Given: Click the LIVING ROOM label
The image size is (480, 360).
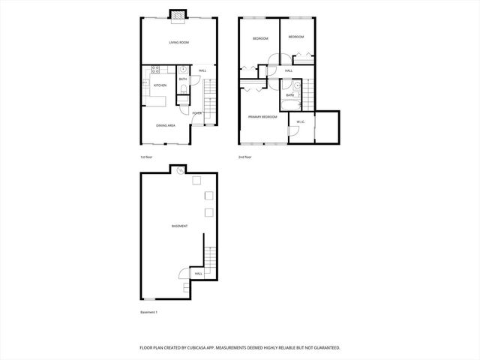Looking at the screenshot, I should [178, 43].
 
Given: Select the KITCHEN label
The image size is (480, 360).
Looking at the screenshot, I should [160, 85].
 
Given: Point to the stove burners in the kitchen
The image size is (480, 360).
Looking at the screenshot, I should [156, 71].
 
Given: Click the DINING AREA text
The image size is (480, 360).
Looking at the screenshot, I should [166, 125].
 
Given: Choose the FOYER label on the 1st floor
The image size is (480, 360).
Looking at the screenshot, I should [196, 113].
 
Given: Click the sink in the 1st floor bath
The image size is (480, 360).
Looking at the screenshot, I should [183, 70].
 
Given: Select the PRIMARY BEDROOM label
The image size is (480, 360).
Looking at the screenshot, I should [262, 117].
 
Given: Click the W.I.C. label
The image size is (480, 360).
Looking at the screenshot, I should [300, 121].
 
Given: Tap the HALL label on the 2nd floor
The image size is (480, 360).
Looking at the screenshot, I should [289, 72].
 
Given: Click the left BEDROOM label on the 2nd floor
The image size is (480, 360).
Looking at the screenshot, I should [260, 38].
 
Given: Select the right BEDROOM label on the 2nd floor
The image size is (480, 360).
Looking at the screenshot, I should [296, 37].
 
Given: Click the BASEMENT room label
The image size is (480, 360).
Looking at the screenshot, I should [179, 226].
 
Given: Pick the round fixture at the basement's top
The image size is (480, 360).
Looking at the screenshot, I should [180, 170].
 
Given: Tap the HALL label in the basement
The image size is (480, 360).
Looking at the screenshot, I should [198, 274].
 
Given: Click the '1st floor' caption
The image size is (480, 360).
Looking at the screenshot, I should [147, 157].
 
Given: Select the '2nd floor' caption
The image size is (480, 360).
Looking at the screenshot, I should [244, 157].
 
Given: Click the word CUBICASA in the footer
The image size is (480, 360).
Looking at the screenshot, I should [214, 348].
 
